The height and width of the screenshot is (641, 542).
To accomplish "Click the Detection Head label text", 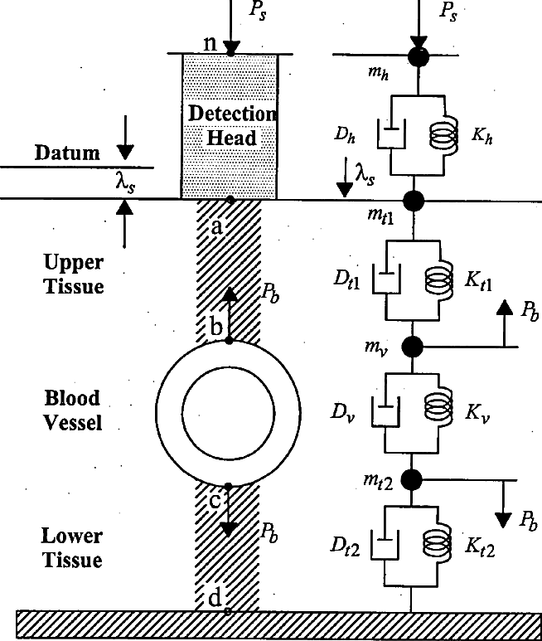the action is coord(232,125).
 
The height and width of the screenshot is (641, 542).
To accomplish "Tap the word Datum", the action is coord(67,153).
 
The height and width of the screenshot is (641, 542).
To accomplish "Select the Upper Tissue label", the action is coord(74,274).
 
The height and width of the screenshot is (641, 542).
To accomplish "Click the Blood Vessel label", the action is coord(73,410).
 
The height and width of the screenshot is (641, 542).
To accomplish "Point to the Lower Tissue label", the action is coord(72,548).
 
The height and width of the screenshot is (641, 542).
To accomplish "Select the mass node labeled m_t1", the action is coord(414,201).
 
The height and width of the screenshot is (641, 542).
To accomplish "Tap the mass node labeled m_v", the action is coord(413,347).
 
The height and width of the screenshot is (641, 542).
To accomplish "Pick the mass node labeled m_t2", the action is coord(411,480).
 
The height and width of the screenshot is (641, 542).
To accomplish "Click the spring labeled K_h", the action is coord(444,136).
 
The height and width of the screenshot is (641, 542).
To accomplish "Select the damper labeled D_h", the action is coord(391,134).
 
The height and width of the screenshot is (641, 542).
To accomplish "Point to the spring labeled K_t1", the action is coord(439,280).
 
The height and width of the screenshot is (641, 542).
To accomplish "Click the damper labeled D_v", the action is coord(385,411).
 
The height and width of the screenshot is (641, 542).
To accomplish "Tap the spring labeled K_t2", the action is coord(438,545).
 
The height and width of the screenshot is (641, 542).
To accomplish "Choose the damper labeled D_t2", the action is coord(385,544).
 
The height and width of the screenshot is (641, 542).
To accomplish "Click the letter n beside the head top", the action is coord(210,43).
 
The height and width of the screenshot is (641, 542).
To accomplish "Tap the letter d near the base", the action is coord(215,599).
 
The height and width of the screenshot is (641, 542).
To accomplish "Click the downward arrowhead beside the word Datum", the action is coord(125,152).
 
